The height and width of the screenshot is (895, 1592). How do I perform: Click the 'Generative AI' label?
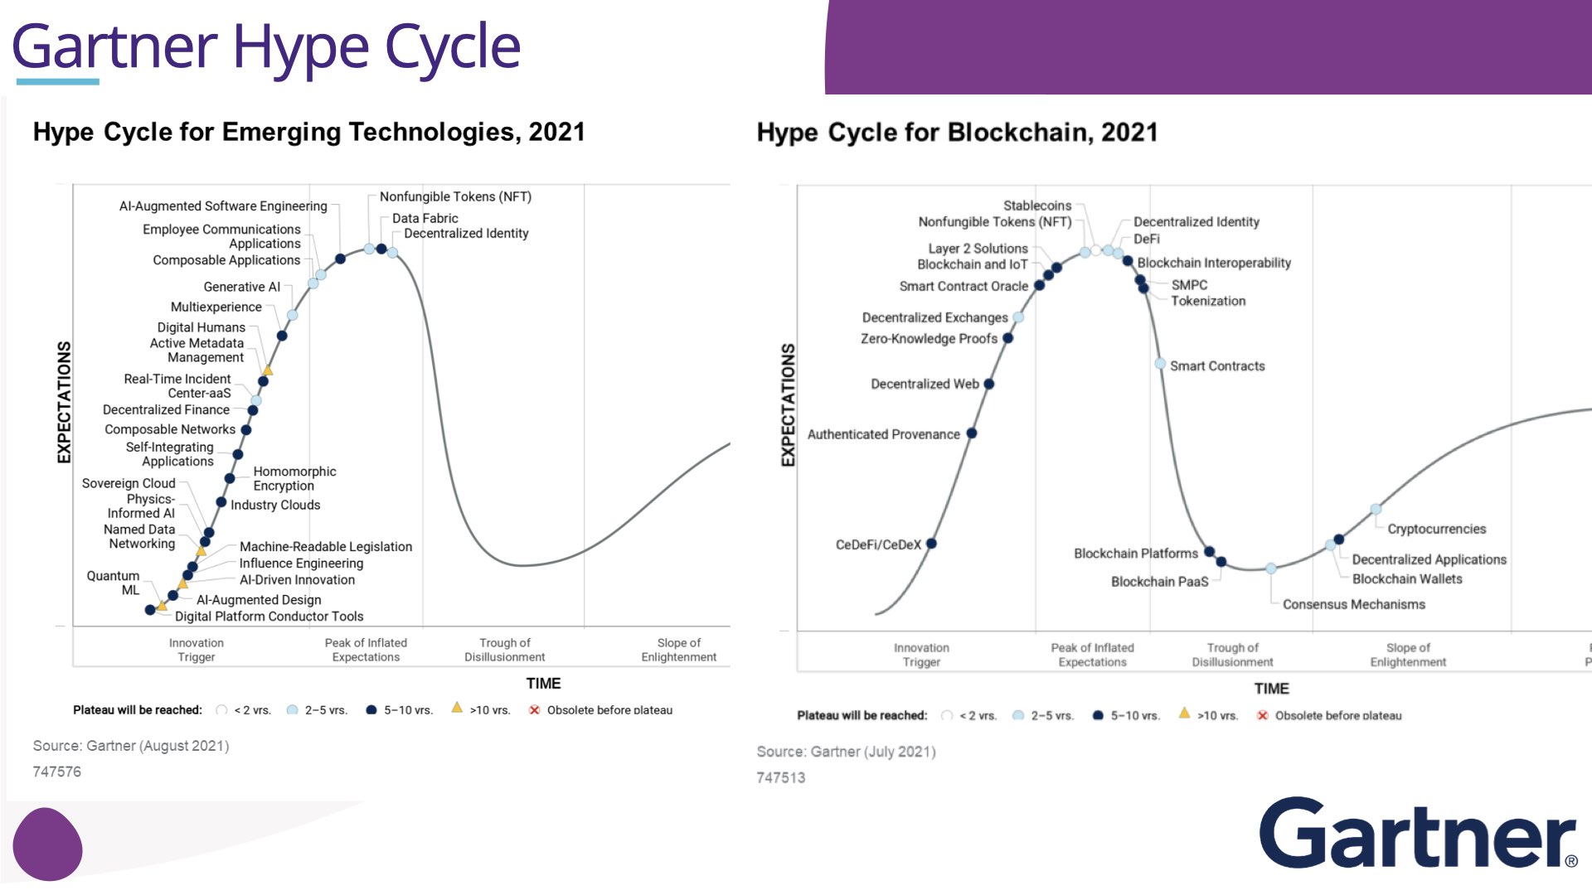coord(241,287)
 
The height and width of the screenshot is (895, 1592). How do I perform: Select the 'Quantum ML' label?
coord(114,583)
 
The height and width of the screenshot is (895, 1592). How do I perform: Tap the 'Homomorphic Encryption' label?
coord(294,478)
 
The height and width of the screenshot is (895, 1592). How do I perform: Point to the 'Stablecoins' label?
coord(1036,206)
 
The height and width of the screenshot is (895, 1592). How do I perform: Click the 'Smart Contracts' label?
coord(1217,366)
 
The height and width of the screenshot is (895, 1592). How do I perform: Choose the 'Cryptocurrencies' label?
coord(1436,529)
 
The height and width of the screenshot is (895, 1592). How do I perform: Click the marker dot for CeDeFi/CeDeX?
coord(931,544)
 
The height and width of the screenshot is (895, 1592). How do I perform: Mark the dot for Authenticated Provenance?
coord(972,433)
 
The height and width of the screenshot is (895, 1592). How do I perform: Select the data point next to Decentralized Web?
coord(989,384)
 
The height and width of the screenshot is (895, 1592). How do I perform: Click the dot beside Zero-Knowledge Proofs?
coord(1008,338)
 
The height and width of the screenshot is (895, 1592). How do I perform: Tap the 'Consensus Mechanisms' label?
coord(1353,604)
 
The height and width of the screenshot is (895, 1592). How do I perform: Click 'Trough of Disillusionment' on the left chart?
coord(504,650)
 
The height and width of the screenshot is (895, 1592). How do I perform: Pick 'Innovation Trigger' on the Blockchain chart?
coord(921,655)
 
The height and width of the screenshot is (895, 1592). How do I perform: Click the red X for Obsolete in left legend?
coord(535,709)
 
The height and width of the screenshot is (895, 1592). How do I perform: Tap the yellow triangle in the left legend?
coord(457,708)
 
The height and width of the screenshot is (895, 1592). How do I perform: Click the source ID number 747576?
coord(57,772)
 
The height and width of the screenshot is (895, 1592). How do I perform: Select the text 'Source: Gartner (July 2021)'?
coord(846,752)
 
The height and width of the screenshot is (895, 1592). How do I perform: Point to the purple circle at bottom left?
coord(47,844)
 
